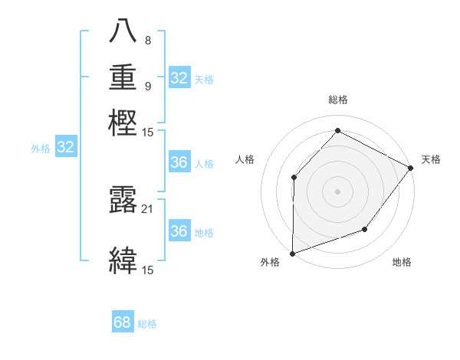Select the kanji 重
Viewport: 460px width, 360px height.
pos(123,77)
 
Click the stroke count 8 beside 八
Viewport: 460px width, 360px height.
pos(147,40)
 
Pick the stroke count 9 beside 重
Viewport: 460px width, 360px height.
pos(147,86)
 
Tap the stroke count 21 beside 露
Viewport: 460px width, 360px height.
pos(148,209)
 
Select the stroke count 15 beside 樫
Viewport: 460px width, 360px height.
pos(148,132)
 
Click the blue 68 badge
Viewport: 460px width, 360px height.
pos(123,322)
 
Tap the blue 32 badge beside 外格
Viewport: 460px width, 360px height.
pos(66,148)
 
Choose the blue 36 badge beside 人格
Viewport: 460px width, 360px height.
pos(179,162)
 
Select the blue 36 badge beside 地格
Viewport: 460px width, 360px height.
pos(179,231)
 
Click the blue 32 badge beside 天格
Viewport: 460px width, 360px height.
pos(179,78)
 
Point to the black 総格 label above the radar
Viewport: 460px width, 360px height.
pos(337,100)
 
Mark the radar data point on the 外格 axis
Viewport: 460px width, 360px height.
pos(292,253)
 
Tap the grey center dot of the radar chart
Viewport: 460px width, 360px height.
pos(337,191)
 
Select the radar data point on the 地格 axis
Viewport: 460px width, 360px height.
pos(365,229)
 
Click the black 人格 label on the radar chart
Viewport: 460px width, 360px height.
pos(245,159)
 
